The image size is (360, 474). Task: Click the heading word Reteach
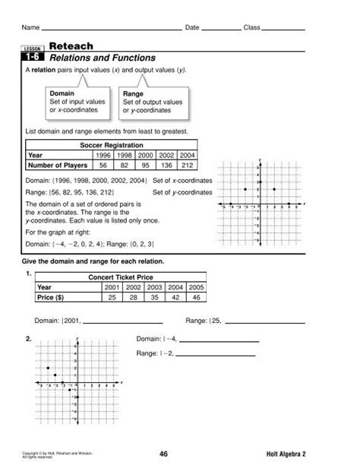pos(71,46)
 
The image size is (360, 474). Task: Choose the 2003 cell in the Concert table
pos(154,288)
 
